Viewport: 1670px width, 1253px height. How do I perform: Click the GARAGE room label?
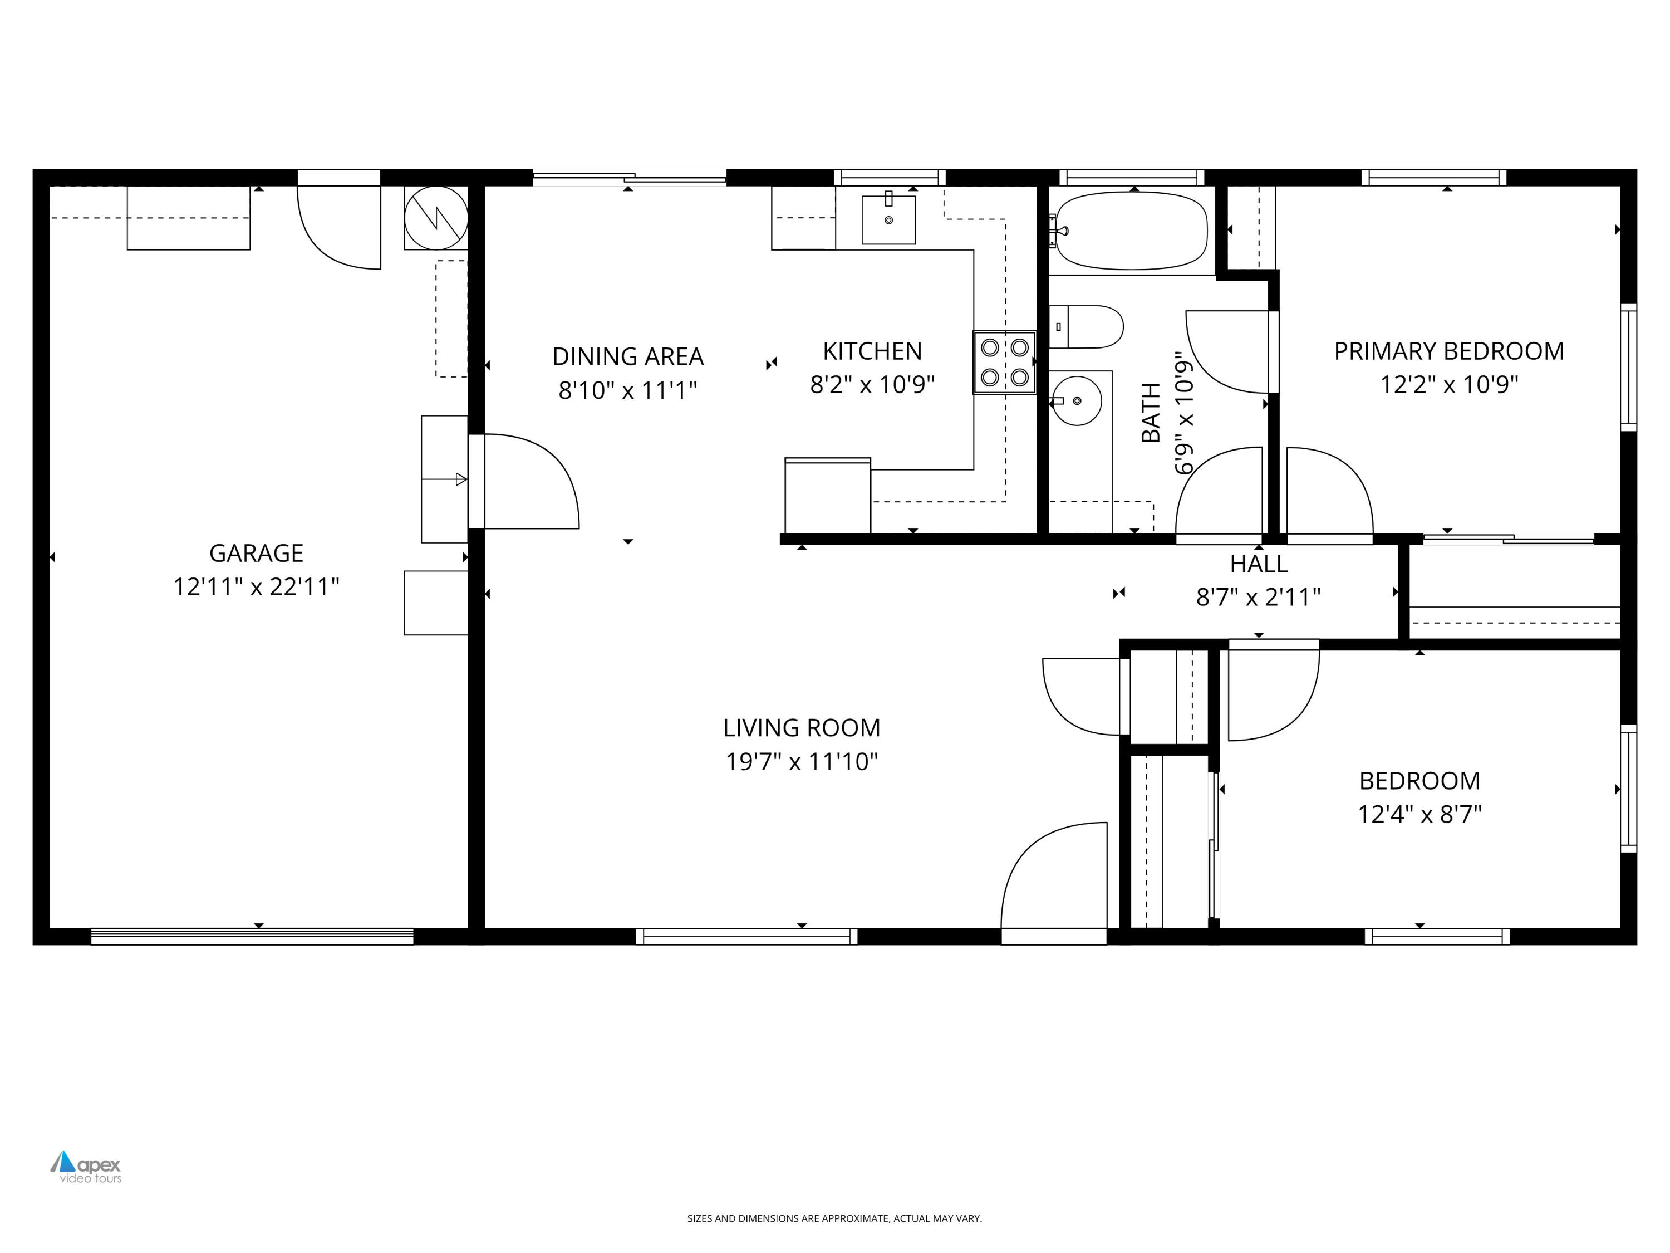coord(256,553)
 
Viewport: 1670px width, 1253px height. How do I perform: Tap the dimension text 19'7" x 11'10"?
coord(802,761)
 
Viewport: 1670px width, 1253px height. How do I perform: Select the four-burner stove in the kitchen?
coord(1004,362)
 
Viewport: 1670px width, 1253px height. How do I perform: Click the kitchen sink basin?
coord(888,220)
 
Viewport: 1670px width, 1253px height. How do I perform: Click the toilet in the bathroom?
coord(1087,326)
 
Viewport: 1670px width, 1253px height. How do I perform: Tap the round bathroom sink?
coord(1077,401)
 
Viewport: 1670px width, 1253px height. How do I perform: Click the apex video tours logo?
coord(86,1167)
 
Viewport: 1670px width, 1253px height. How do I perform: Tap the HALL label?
coord(1259,564)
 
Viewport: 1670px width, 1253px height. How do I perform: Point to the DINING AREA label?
coord(628,356)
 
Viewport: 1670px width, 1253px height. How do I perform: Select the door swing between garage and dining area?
coord(528,482)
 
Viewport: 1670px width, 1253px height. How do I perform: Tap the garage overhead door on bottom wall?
coord(252,937)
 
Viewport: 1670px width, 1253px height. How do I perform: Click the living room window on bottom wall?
coord(746,937)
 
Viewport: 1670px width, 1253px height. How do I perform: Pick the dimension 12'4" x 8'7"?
coord(1419,814)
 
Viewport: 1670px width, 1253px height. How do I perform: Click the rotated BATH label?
coord(1151,413)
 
